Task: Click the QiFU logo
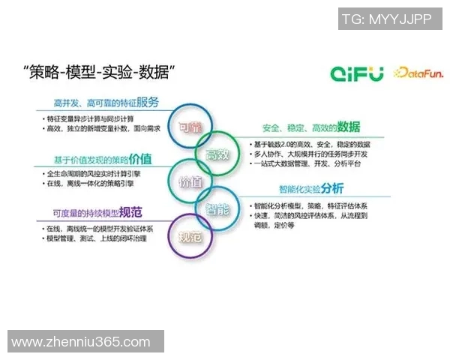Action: tap(357, 73)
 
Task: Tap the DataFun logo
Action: tap(415, 73)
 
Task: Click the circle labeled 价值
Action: tap(190, 182)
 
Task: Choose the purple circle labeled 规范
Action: tap(188, 238)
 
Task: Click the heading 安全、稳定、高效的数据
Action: tap(310, 127)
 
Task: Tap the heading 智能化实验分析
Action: tap(311, 189)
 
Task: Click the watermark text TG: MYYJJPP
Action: tap(386, 19)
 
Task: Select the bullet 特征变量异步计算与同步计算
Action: tap(94, 119)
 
